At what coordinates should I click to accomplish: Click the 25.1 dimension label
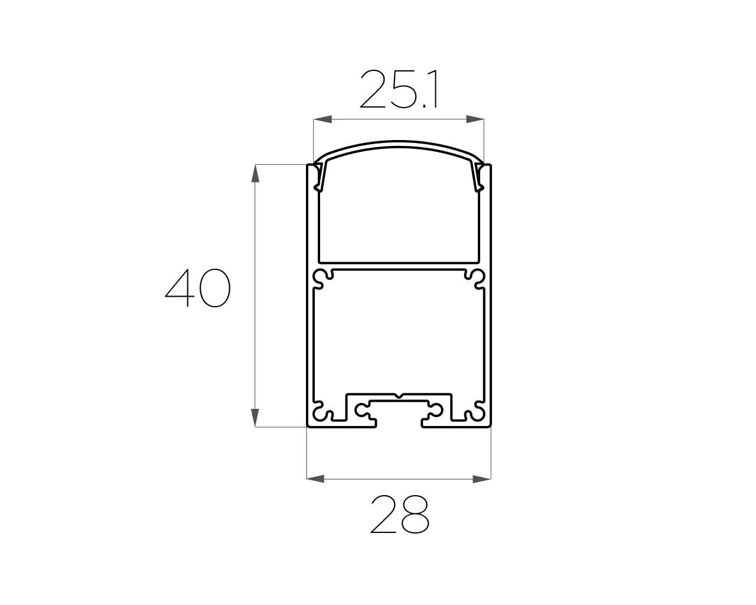click(x=399, y=89)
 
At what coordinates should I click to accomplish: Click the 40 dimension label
click(x=197, y=288)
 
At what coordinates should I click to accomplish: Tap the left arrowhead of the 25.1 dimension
click(x=322, y=119)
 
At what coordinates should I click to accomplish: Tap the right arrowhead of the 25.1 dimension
click(x=475, y=119)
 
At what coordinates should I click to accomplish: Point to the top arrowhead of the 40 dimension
click(x=255, y=173)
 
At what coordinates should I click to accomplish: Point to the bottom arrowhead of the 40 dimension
click(x=255, y=418)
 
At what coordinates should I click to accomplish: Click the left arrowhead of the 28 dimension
click(x=315, y=479)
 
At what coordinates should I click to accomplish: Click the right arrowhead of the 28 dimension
click(x=481, y=479)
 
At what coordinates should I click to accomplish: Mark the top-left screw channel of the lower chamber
click(x=322, y=278)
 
